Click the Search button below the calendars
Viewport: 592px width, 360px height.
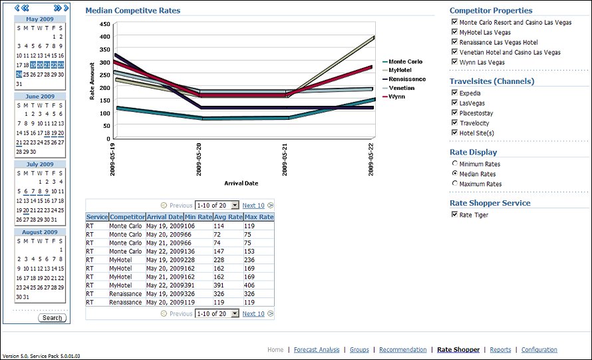coord(52,317)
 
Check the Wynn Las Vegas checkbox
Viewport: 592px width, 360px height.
coord(454,62)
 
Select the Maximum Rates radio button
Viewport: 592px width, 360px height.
coord(454,184)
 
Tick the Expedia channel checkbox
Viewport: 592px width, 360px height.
coord(454,93)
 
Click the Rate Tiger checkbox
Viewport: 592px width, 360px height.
coord(454,215)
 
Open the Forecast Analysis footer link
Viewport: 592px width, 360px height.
coord(316,349)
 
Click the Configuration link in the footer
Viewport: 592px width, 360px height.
coord(539,349)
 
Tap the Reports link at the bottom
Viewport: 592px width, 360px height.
coord(500,349)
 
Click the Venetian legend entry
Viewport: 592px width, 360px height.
coord(401,88)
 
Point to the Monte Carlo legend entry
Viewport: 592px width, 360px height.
coord(405,62)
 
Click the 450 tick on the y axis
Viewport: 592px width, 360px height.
coord(104,24)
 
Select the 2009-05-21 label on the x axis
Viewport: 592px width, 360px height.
coord(285,159)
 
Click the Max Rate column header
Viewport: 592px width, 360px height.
coord(259,217)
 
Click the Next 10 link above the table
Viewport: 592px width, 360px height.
coord(253,206)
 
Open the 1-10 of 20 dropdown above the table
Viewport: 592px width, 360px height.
coord(217,206)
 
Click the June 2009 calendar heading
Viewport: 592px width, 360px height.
coord(39,96)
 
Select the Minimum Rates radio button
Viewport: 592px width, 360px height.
coord(454,164)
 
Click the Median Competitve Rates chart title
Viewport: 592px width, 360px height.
coord(132,11)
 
